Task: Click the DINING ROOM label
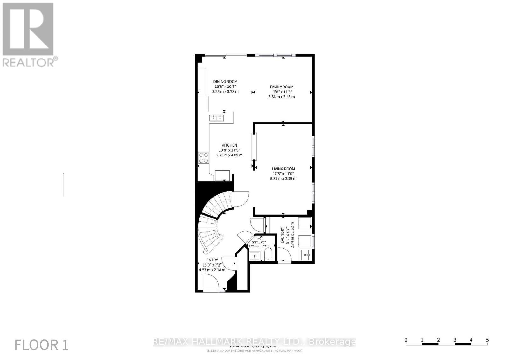pyautogui.click(x=225, y=82)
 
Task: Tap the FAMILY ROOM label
pyautogui.click(x=282, y=87)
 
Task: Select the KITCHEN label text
pyautogui.click(x=229, y=145)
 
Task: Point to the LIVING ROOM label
pyautogui.click(x=283, y=169)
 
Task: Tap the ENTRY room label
pyautogui.click(x=212, y=260)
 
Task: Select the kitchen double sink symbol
pyautogui.click(x=217, y=118)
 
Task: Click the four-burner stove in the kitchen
pyautogui.click(x=204, y=158)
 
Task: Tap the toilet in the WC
pyautogui.click(x=268, y=255)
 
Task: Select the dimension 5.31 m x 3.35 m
pyautogui.click(x=283, y=179)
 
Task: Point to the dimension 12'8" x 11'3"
pyautogui.click(x=282, y=92)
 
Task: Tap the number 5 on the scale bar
pyautogui.click(x=487, y=340)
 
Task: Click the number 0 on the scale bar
pyautogui.click(x=406, y=340)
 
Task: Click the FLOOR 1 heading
pyautogui.click(x=42, y=345)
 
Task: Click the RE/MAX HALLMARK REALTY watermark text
pyautogui.click(x=254, y=342)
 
